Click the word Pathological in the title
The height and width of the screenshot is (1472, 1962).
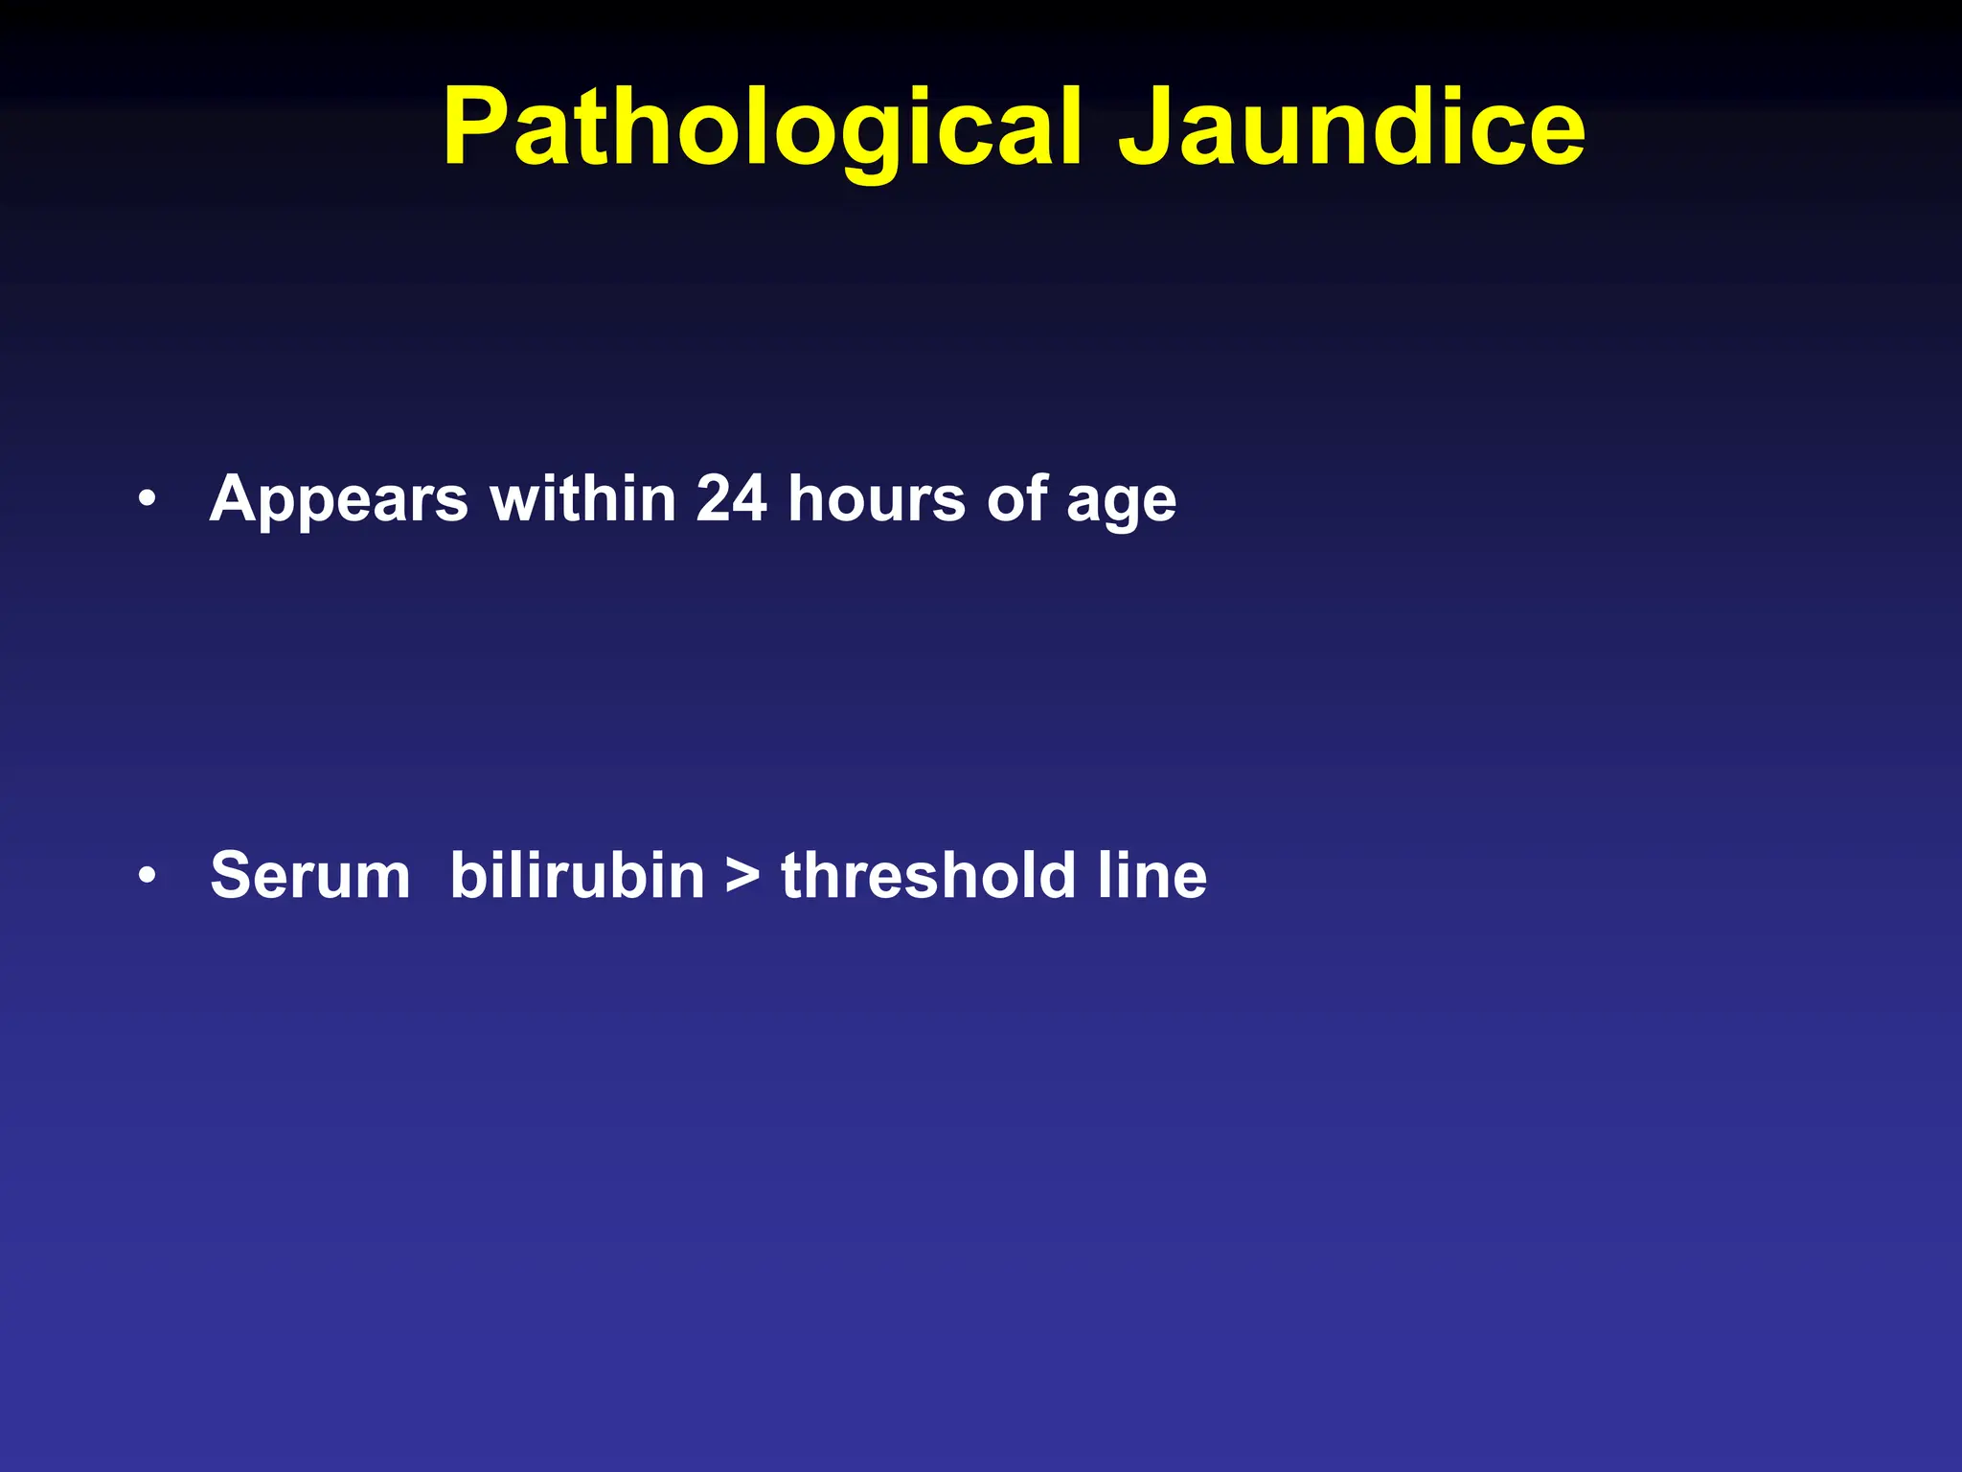pyautogui.click(x=762, y=129)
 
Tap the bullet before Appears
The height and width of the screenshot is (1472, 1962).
pyautogui.click(x=146, y=499)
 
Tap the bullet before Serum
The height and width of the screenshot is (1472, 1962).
pyautogui.click(x=146, y=876)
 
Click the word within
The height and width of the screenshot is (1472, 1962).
pyautogui.click(x=583, y=498)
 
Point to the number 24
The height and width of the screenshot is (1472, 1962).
pyautogui.click(x=731, y=498)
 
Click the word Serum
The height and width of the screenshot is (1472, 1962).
pyautogui.click(x=310, y=876)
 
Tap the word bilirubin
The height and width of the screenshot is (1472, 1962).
pyautogui.click(x=577, y=876)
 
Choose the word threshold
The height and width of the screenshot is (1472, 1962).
pyautogui.click(x=928, y=876)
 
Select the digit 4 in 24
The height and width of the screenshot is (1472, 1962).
pyautogui.click(x=749, y=498)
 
